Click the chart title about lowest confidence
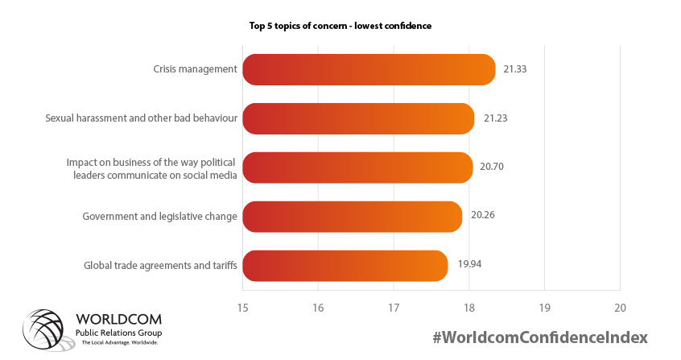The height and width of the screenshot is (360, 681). [340, 26]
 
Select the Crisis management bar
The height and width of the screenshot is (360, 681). [369, 69]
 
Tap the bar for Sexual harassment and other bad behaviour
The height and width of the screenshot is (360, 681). [358, 118]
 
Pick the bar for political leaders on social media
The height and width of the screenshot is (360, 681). [357, 168]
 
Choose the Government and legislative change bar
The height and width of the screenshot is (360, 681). [352, 217]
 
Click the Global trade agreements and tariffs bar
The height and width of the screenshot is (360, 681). [345, 266]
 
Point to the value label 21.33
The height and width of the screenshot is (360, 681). [514, 69]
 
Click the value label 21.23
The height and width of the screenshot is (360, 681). [495, 118]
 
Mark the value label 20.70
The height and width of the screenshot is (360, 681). [493, 167]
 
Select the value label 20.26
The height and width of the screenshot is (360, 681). [482, 216]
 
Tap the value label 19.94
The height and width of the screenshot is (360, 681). [468, 264]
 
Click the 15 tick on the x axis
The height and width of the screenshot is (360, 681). [242, 308]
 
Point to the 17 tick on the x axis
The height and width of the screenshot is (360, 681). [394, 308]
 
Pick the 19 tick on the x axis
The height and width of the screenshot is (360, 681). [544, 308]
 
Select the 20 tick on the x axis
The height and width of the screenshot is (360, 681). [620, 308]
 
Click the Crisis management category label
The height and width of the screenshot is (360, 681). [195, 69]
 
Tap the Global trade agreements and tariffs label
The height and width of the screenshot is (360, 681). [160, 265]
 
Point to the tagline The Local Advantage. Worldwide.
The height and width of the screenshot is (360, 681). [119, 343]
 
